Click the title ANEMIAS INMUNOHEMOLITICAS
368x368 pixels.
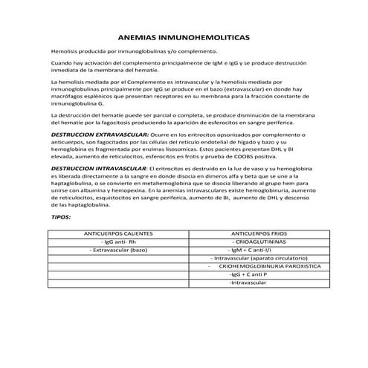pyautogui.click(x=184, y=36)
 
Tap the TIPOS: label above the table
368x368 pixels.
pyautogui.click(x=60, y=217)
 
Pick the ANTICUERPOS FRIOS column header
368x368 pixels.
pyautogui.click(x=255, y=234)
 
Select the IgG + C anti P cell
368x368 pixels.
pyautogui.click(x=248, y=275)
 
